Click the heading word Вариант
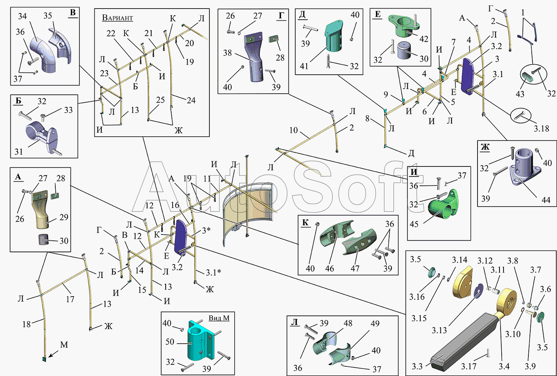117,18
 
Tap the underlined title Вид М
219,318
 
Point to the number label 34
22,16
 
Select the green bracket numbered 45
443,204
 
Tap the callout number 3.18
541,129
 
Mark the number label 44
546,200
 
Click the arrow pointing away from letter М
53,354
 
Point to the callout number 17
70,299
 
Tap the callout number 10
293,130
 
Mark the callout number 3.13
439,330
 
